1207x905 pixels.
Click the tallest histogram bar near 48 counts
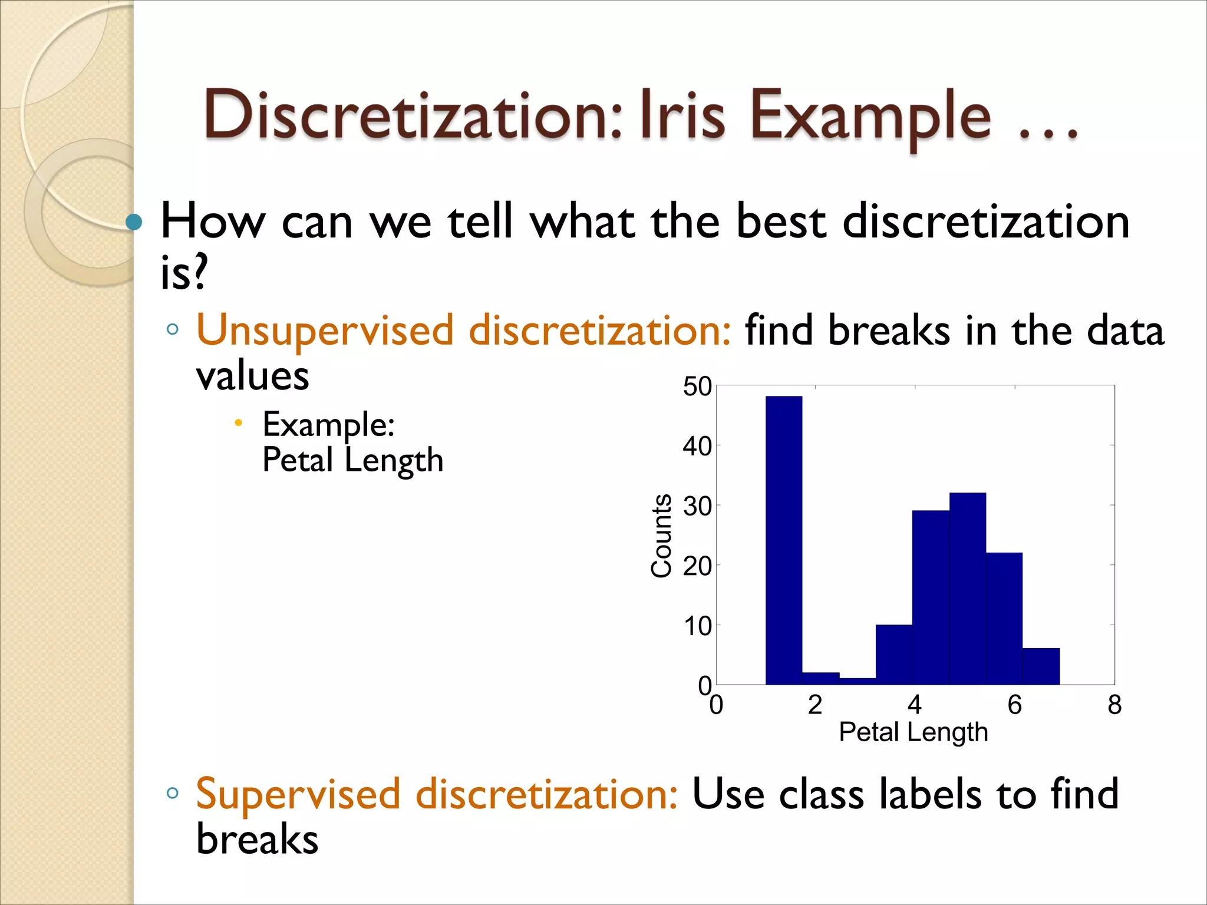(783, 540)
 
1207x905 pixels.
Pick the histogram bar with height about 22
(1004, 618)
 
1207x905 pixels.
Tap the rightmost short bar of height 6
(1041, 666)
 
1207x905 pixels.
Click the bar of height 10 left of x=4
(893, 654)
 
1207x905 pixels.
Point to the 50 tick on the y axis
(697, 387)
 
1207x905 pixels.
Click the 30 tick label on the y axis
(697, 506)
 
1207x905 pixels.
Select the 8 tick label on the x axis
(1114, 705)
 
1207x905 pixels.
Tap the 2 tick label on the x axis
(814, 705)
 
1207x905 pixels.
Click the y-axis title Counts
(661, 535)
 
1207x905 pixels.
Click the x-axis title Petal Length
(913, 732)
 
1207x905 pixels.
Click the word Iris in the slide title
(682, 115)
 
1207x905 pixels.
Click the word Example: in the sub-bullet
(328, 424)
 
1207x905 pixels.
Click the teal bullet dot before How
(134, 222)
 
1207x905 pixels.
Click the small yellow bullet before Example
(238, 422)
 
